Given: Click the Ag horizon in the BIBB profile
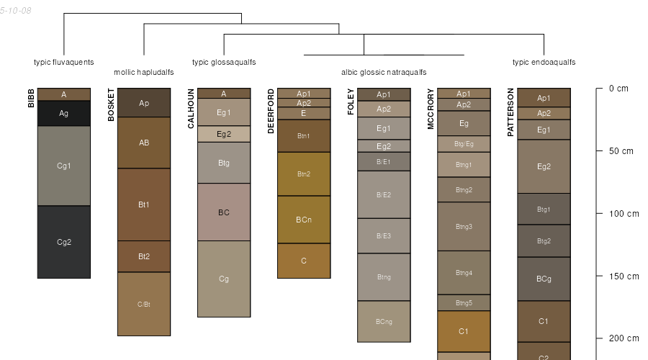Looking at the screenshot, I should [x=64, y=113].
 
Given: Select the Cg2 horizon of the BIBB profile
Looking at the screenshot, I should [x=64, y=242].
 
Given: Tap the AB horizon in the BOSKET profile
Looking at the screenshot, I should [x=144, y=143].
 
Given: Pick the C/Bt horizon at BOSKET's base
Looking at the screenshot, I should [x=144, y=304].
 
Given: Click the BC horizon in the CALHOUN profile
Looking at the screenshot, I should [x=224, y=212].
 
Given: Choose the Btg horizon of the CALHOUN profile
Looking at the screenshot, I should [x=224, y=163].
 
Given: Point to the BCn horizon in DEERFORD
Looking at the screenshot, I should [x=304, y=220].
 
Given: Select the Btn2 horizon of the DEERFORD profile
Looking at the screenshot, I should [x=304, y=174].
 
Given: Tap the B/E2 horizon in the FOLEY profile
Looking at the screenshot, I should [x=384, y=194].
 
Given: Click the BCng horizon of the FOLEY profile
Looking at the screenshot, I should [x=384, y=321].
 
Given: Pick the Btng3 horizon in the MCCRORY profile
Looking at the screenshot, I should [x=464, y=226].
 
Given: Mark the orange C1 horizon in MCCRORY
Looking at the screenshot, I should [x=464, y=331].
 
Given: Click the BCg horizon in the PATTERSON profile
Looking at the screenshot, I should [x=544, y=279].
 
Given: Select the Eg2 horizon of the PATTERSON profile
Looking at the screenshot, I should [x=544, y=166].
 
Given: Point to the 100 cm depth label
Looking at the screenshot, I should [x=624, y=214].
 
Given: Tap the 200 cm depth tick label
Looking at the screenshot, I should [x=624, y=338].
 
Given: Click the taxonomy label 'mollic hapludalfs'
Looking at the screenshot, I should [x=144, y=72].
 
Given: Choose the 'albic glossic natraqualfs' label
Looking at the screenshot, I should [x=384, y=72].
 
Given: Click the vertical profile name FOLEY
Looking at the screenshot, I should [x=351, y=102].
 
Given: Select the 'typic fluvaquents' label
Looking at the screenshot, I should [x=64, y=62].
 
